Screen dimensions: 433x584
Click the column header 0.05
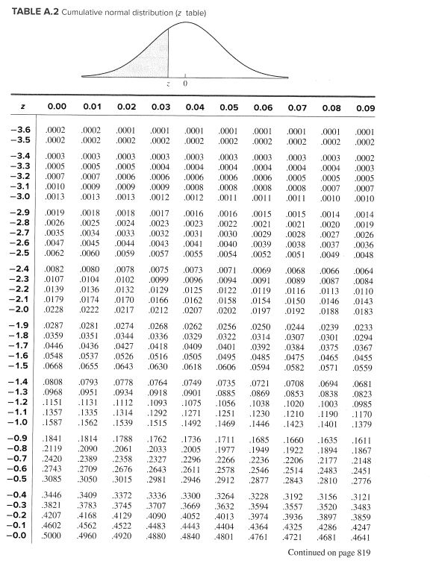click(229, 107)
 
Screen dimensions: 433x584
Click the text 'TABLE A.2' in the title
click(33, 13)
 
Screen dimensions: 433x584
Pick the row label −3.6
click(20, 130)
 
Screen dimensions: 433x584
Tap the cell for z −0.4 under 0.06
click(262, 494)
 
